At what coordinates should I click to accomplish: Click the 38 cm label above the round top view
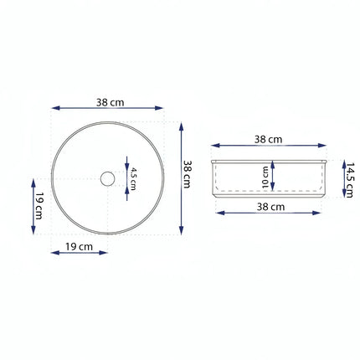[110, 102]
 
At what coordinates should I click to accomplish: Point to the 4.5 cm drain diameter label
[132, 177]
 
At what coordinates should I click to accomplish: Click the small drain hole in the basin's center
[106, 178]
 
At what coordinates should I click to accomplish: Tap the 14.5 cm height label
[351, 178]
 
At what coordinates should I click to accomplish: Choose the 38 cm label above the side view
[267, 139]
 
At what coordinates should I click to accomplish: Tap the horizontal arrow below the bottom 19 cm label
[80, 253]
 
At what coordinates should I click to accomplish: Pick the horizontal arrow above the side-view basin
[267, 147]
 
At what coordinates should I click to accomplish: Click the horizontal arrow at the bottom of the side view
[268, 213]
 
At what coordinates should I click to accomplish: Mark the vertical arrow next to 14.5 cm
[343, 178]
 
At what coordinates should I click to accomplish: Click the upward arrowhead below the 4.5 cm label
[126, 192]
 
